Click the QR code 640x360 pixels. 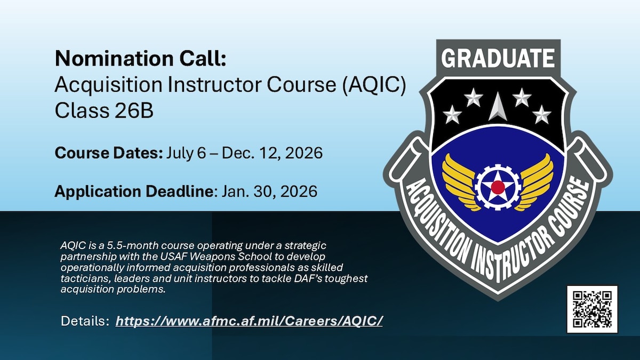click(x=592, y=309)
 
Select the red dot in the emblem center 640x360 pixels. click(x=498, y=187)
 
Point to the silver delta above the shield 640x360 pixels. click(x=497, y=106)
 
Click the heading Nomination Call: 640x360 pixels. click(x=140, y=59)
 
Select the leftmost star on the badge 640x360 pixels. click(x=452, y=114)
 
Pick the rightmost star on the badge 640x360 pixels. click(x=542, y=114)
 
